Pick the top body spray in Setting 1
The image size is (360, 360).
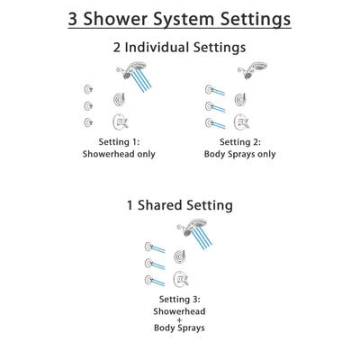(88, 88)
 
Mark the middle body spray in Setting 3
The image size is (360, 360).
(148, 261)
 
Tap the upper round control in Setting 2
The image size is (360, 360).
(240, 98)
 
